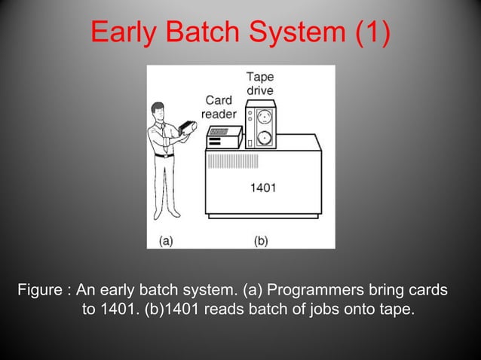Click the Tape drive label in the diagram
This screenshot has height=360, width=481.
click(x=259, y=84)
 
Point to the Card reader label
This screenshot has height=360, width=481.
click(x=219, y=107)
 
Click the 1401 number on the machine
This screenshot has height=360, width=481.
click(x=262, y=188)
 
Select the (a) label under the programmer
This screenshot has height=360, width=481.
click(x=166, y=241)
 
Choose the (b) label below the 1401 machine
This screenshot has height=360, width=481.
click(x=261, y=241)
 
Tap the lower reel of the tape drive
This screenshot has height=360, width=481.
click(x=265, y=139)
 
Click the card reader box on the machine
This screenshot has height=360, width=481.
click(x=224, y=136)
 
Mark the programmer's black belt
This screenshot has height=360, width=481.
click(x=164, y=155)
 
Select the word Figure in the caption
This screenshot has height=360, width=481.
click(x=42, y=291)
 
